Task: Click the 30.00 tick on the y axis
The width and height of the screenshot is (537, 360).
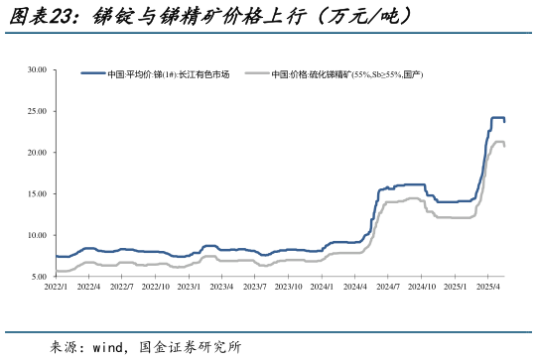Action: coord(37,70)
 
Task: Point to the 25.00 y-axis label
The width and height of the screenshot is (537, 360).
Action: coord(37,111)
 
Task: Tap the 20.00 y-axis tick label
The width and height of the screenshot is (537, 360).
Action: coord(37,153)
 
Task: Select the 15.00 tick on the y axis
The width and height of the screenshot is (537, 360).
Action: coord(37,194)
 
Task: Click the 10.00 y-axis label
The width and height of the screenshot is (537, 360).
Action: coord(37,235)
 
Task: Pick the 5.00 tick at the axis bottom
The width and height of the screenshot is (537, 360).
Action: coord(39,277)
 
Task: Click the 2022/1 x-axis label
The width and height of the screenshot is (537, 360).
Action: coord(56,287)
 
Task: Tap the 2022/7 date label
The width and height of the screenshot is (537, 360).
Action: coord(122,287)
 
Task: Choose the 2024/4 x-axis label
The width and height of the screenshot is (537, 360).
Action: coord(356,287)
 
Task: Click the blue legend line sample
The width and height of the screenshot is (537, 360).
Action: coord(92,74)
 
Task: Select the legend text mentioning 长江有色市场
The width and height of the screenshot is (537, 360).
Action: coord(169,74)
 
